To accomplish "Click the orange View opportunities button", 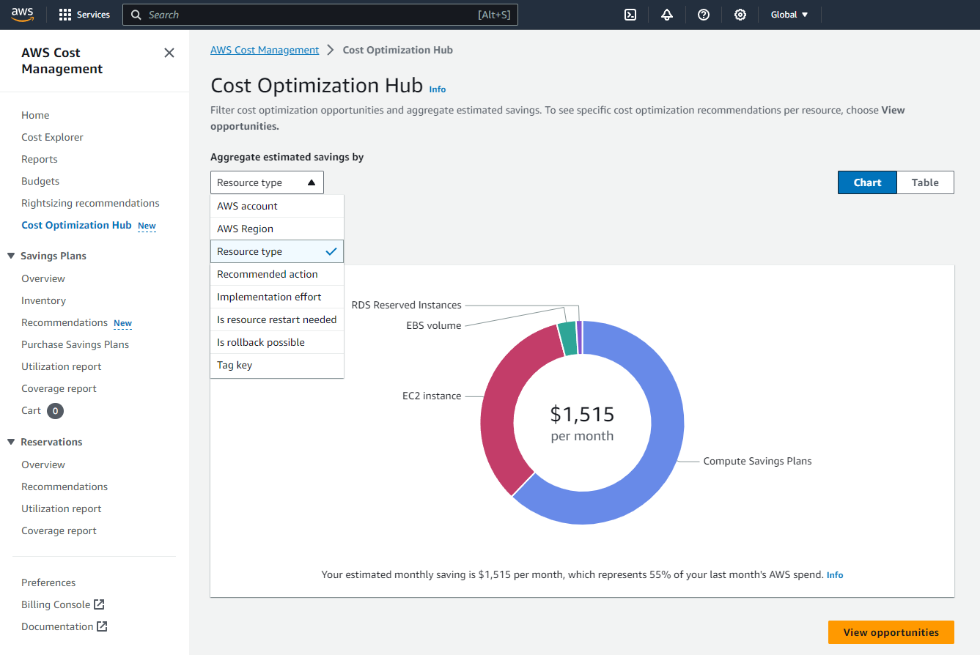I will pos(891,632).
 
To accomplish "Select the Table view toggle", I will pos(925,182).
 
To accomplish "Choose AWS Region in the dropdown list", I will pos(245,229).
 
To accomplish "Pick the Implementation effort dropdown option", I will pos(269,297).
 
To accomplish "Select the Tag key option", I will pos(235,365).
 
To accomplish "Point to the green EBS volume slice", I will pos(567,338).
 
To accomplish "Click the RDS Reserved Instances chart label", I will pos(406,305).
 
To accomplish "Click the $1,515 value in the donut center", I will pos(582,414).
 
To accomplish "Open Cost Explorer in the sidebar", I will pos(52,137).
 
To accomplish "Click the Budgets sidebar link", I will pos(40,181).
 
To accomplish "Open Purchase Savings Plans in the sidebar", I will pos(75,344).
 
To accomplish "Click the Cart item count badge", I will pos(55,411).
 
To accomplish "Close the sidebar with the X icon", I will pos(169,53).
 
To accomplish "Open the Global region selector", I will pos(789,15).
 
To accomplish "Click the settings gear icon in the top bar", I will pos(740,15).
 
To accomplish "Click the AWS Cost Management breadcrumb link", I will pos(265,50).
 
